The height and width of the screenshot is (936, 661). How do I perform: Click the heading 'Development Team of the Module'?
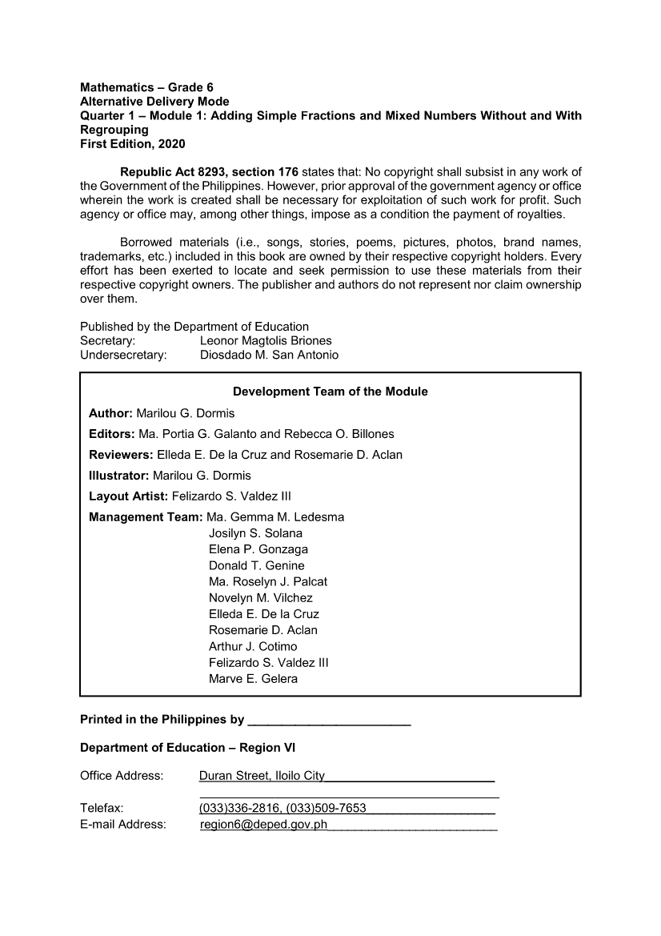pyautogui.click(x=330, y=392)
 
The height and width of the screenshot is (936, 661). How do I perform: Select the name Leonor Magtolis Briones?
pyautogui.click(x=266, y=340)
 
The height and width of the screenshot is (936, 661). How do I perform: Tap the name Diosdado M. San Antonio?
pyautogui.click(x=269, y=355)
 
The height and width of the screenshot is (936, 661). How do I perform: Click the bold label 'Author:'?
pyautogui.click(x=111, y=413)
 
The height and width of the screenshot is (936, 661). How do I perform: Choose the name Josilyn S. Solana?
pyautogui.click(x=255, y=533)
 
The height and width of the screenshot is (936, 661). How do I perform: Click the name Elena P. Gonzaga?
pyautogui.click(x=258, y=549)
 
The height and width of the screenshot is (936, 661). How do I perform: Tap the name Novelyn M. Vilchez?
pyautogui.click(x=260, y=598)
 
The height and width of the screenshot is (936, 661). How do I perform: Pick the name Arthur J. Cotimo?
pyautogui.click(x=253, y=646)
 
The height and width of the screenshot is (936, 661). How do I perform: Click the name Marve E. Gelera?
pyautogui.click(x=253, y=679)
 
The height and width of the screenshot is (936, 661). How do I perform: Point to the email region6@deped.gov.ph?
pyautogui.click(x=264, y=824)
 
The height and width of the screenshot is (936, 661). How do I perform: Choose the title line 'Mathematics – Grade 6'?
pyautogui.click(x=146, y=86)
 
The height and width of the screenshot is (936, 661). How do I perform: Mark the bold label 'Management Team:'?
pyautogui.click(x=146, y=517)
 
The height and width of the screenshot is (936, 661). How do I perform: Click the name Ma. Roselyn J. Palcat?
pyautogui.click(x=267, y=582)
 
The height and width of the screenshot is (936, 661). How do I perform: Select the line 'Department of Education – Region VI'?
pyautogui.click(x=187, y=748)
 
